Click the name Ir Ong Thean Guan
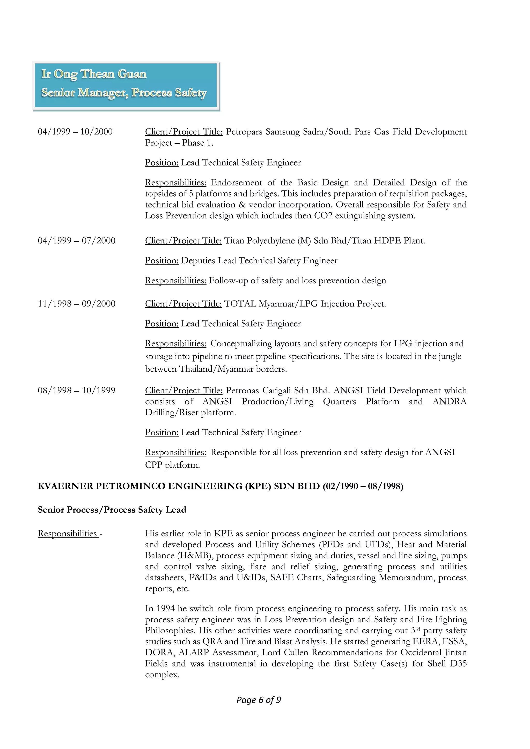pyautogui.click(x=94, y=74)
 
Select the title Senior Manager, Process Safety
pyautogui.click(x=124, y=93)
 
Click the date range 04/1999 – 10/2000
pyautogui.click(x=75, y=132)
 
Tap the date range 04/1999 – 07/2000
pyautogui.click(x=76, y=241)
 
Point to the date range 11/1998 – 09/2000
pyautogui.click(x=76, y=304)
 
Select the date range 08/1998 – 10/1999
pyautogui.click(x=76, y=391)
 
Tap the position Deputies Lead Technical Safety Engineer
pyautogui.click(x=259, y=261)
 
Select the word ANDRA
pyautogui.click(x=450, y=402)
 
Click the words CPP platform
pyautogui.click(x=172, y=465)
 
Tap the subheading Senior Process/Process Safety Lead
pyautogui.click(x=112, y=510)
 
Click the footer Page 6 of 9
pyautogui.click(x=259, y=700)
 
